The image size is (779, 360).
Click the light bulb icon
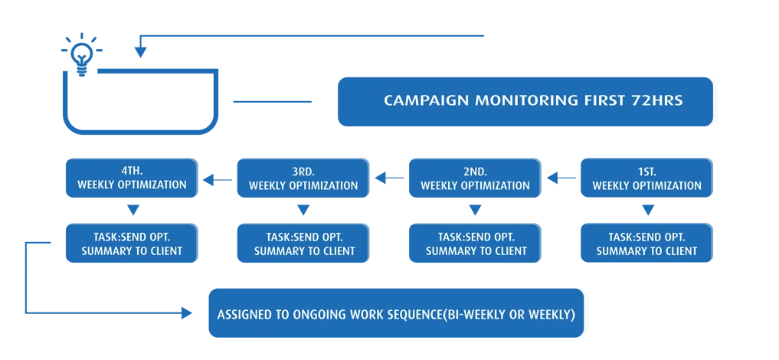tap(82, 54)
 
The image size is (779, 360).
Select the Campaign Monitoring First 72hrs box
tap(525, 101)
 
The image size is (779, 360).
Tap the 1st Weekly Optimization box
tap(646, 178)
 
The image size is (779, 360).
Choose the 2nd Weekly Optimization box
tap(475, 178)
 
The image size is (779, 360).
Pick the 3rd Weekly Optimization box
tap(303, 178)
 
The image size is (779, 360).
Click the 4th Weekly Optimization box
tap(133, 178)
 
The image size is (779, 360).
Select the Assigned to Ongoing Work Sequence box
tap(396, 313)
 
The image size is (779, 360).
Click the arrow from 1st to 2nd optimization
tap(561, 178)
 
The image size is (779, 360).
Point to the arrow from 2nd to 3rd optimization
tap(389, 178)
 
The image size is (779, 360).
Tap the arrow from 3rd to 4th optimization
tap(218, 179)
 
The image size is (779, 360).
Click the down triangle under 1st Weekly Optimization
tap(646, 211)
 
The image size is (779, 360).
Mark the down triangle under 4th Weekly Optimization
tap(133, 211)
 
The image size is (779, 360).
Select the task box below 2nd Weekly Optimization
tap(475, 243)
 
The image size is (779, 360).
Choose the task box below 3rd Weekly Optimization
tap(303, 243)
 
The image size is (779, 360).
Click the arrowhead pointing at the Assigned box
tap(187, 313)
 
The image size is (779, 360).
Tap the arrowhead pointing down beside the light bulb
tap(141, 52)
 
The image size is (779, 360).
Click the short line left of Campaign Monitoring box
tap(272, 102)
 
